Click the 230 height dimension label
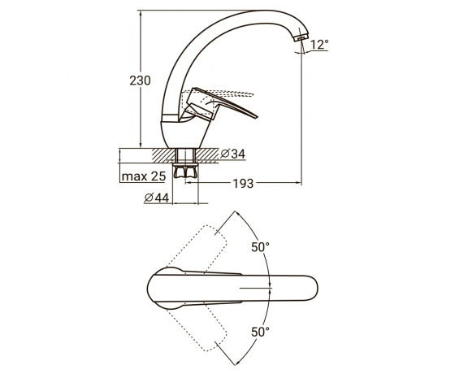coord(140,80)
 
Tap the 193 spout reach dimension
coord(243,184)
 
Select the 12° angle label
coord(319,45)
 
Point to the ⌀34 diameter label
coord(232,154)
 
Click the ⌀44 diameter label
coord(156,198)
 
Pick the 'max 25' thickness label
coord(144,176)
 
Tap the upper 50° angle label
coord(260,247)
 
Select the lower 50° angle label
coord(260,332)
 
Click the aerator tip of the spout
coord(301,37)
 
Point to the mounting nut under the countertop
coord(185,171)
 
